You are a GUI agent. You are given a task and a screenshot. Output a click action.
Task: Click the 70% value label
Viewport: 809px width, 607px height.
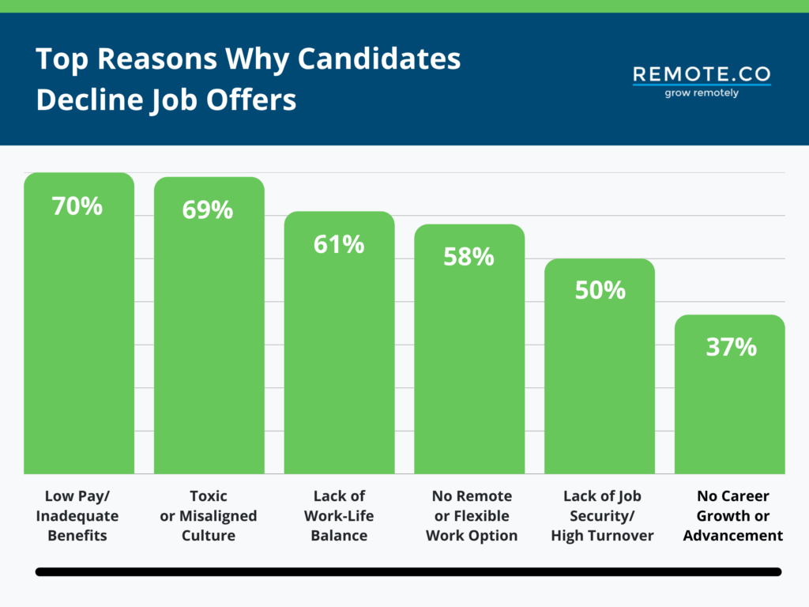[x=77, y=206]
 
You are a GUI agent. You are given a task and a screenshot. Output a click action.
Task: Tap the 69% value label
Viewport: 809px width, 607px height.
[x=208, y=210]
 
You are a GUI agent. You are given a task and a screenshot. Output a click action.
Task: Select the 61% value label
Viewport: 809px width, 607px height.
[x=338, y=245]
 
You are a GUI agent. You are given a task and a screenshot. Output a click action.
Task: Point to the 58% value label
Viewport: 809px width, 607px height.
[x=468, y=257]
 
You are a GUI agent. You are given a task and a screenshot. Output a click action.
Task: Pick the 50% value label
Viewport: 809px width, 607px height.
[x=600, y=290]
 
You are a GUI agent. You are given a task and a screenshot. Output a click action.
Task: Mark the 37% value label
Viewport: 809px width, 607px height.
[x=731, y=347]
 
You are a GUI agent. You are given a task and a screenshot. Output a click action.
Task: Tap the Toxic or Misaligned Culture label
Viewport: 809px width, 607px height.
[x=209, y=515]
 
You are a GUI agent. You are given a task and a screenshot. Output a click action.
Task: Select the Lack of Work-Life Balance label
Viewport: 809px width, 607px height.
[x=339, y=515]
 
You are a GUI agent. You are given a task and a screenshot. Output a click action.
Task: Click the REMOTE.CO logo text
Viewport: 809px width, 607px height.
[x=702, y=74]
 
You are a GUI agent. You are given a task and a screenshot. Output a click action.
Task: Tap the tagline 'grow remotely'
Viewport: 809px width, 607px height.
[x=702, y=92]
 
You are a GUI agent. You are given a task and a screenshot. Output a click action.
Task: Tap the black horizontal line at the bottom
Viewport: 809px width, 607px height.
[x=408, y=571]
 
